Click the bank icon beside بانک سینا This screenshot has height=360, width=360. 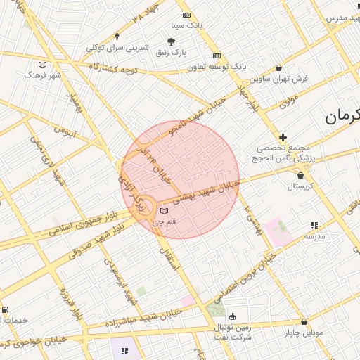coord(186,15)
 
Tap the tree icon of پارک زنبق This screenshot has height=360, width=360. coord(173,42)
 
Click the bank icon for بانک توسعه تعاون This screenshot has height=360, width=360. coord(217,56)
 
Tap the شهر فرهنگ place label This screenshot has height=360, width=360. coord(43,74)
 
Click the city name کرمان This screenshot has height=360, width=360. coord(342,117)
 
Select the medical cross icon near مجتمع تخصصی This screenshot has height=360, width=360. coord(283,137)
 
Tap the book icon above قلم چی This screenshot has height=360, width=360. coord(164,211)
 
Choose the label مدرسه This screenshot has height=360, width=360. coord(314,236)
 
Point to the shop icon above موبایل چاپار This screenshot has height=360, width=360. coord(302,321)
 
